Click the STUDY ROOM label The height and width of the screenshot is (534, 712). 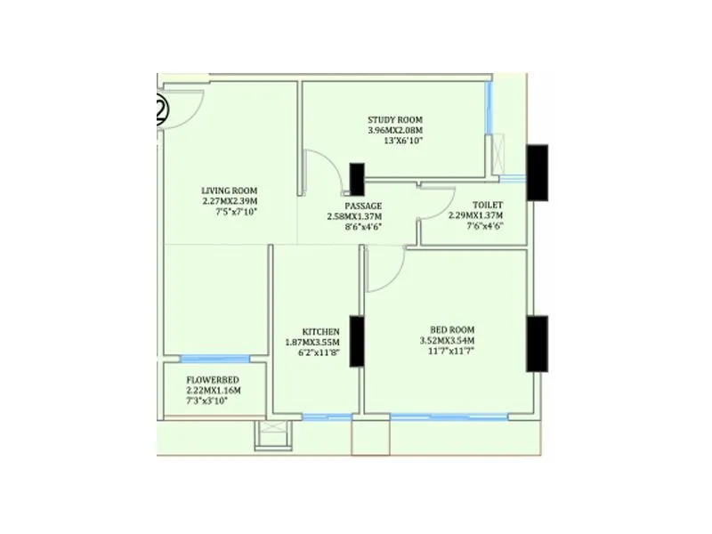(395, 119)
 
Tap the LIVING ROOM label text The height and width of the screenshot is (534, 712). (230, 190)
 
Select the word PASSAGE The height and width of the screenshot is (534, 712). (364, 206)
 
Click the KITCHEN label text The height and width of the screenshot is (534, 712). (320, 331)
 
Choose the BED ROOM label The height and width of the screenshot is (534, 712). (446, 329)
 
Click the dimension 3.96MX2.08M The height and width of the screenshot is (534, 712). (395, 130)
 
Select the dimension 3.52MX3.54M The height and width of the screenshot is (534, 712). (447, 341)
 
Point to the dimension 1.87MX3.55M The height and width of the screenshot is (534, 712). (313, 342)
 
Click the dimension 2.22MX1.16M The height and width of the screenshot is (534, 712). (213, 390)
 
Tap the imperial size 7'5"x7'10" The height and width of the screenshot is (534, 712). (230, 212)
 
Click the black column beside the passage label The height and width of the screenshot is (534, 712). (357, 178)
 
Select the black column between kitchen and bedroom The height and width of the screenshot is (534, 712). (355, 341)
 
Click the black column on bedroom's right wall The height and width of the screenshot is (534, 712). (537, 343)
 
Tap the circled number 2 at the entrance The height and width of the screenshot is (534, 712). (161, 109)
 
